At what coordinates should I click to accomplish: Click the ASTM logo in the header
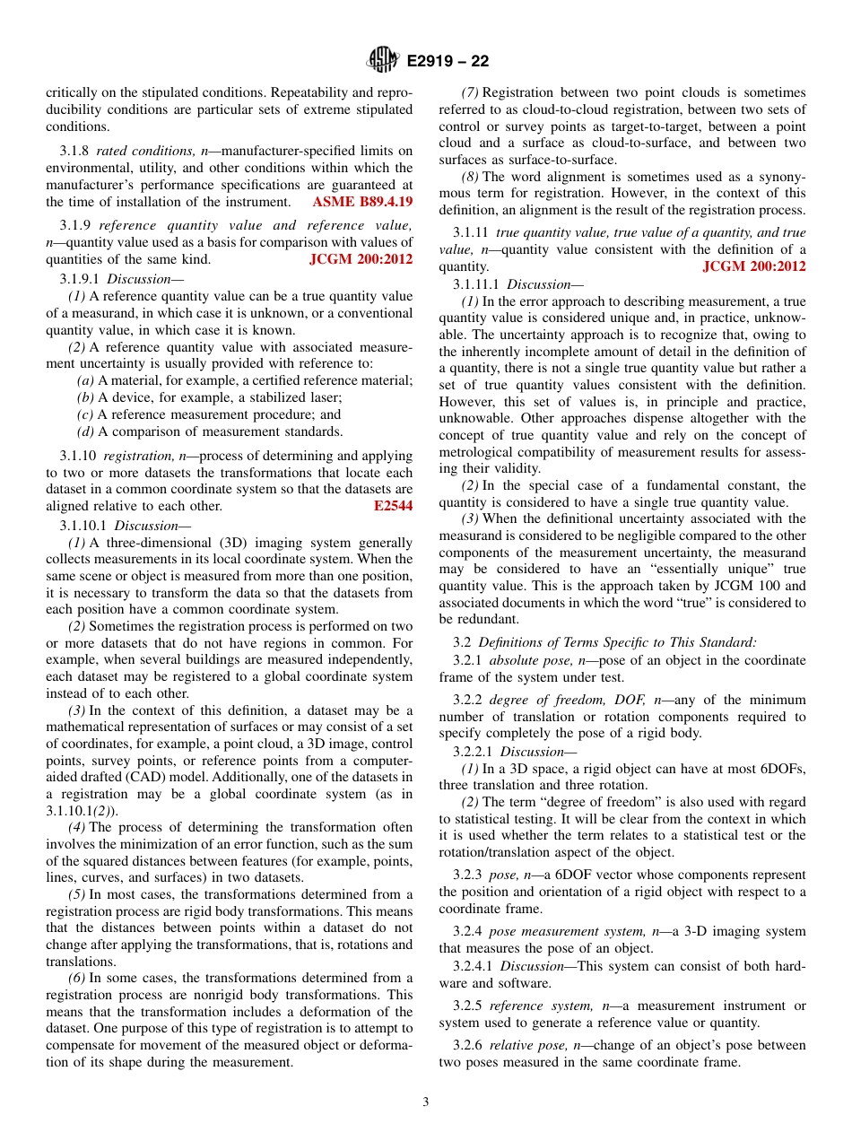click(x=383, y=61)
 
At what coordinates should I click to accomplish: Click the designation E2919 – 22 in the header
click(x=448, y=62)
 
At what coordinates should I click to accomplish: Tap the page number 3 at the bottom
click(x=426, y=1102)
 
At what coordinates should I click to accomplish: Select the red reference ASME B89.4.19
click(x=362, y=202)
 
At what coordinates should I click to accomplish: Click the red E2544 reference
click(x=393, y=506)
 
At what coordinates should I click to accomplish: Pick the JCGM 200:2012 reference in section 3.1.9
click(x=361, y=259)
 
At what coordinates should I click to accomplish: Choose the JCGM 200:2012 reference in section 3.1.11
click(x=753, y=266)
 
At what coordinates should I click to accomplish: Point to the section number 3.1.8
click(x=74, y=151)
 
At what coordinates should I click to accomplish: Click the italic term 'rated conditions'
click(x=135, y=151)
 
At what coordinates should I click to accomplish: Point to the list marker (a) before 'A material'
click(x=86, y=380)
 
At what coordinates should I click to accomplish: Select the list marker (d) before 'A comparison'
click(x=86, y=431)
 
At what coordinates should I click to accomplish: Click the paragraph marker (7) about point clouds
click(x=470, y=92)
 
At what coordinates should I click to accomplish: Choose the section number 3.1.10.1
click(x=83, y=526)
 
